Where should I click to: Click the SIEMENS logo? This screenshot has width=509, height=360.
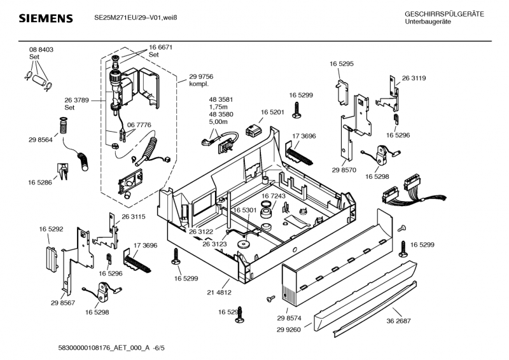coord(45,18)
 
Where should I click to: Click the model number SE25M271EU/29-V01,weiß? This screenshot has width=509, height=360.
coord(131,18)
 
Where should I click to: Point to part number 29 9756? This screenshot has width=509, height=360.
coord(201,76)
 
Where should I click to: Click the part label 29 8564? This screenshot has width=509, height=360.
coord(40,139)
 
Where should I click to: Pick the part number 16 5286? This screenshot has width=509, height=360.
coord(40,183)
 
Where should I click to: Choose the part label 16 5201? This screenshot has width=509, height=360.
coord(272,112)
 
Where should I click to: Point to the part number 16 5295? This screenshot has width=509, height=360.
coord(342,64)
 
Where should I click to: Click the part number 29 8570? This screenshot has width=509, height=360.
coord(342,170)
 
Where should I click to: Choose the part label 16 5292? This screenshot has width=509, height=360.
coord(51,228)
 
